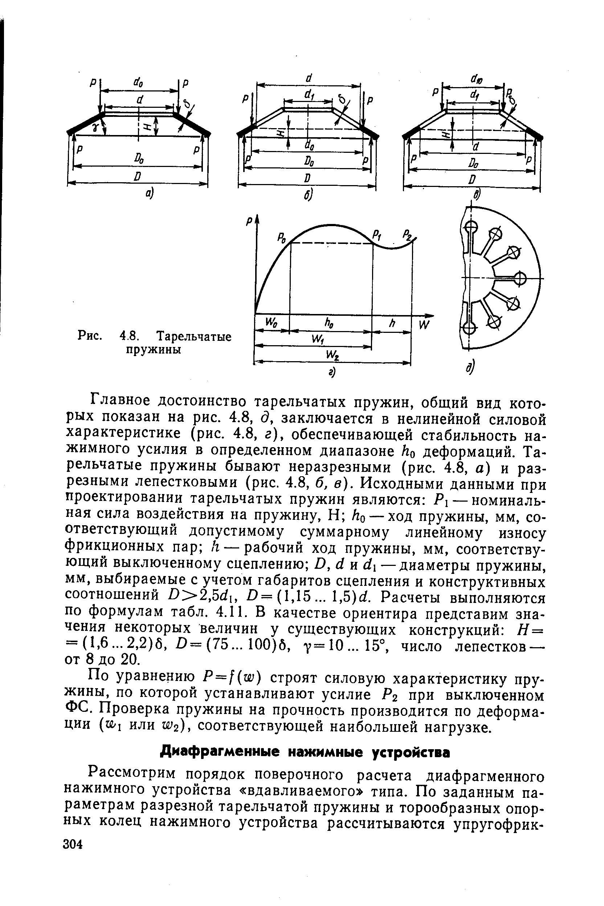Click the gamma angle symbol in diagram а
[94, 126]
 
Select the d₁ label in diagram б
[308, 95]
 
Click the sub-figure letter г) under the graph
[331, 372]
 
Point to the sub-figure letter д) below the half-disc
[472, 369]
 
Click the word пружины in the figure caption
[154, 351]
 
